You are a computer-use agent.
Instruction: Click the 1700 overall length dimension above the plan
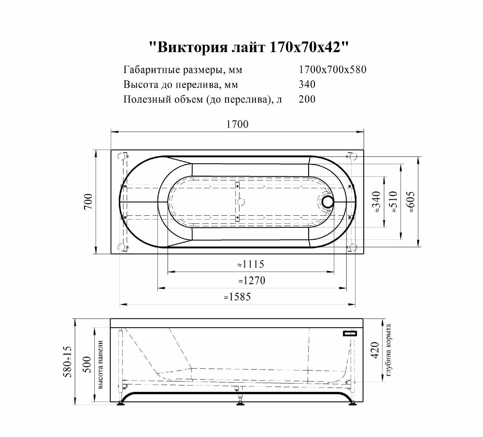237,124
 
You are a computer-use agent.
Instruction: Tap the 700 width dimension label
89,201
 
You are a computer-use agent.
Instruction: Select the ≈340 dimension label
376,202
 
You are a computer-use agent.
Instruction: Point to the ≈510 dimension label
393,202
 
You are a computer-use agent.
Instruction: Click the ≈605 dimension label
410,202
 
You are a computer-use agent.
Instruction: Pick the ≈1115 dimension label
251,264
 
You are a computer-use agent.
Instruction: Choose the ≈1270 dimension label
251,281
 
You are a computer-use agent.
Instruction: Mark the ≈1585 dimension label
237,297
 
